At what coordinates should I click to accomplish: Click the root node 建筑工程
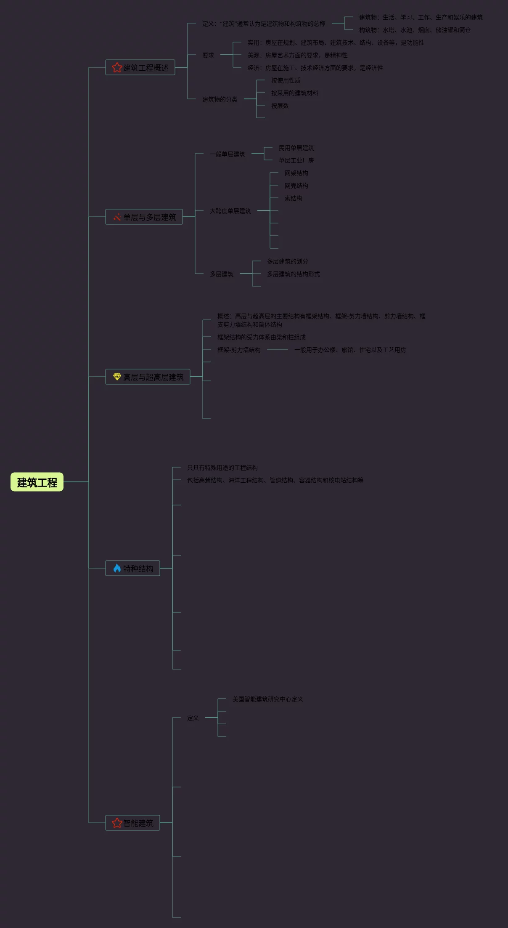pos(37,482)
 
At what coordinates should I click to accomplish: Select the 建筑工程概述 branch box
pos(140,67)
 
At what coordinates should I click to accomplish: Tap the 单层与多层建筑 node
pos(144,217)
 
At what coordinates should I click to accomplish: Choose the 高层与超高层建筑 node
pos(148,377)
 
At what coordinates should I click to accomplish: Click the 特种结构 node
pos(132,568)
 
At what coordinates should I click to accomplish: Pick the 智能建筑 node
pos(132,823)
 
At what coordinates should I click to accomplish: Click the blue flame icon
pos(117,568)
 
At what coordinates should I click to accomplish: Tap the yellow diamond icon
pos(117,377)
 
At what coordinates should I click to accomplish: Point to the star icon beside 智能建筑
pos(117,823)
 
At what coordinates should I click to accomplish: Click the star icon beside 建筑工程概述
pos(117,67)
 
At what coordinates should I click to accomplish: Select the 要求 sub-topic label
pos(208,55)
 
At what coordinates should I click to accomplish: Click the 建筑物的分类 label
pos(220,99)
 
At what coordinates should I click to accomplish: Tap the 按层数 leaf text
pos(280,106)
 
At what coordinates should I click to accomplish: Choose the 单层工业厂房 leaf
pos(296,160)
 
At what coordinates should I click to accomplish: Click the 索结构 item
pos(293,198)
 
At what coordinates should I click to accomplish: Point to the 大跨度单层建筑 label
pos(230,211)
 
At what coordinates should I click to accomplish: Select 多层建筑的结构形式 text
pos(293,274)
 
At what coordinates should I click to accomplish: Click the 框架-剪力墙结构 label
pos(238,350)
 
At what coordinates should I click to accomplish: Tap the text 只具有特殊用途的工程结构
pos(222,468)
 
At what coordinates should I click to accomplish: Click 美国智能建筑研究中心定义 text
pos(267,699)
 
